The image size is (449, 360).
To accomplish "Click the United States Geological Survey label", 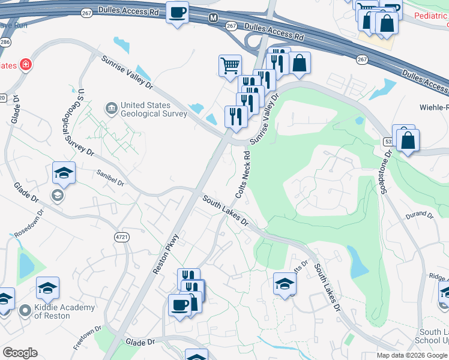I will (154, 109).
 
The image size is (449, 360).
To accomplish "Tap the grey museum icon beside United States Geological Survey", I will (112, 109).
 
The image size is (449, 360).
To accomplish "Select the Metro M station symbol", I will (212, 18).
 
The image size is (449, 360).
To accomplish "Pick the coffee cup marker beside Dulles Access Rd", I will (177, 13).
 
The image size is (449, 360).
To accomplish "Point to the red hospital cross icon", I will (26, 64).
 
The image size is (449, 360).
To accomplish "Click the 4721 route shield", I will (122, 237).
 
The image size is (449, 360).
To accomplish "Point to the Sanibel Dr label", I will (109, 178).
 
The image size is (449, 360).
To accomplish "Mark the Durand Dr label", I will (420, 214).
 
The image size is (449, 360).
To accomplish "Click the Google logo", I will (20, 353).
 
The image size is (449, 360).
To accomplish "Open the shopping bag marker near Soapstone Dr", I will (408, 141).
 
